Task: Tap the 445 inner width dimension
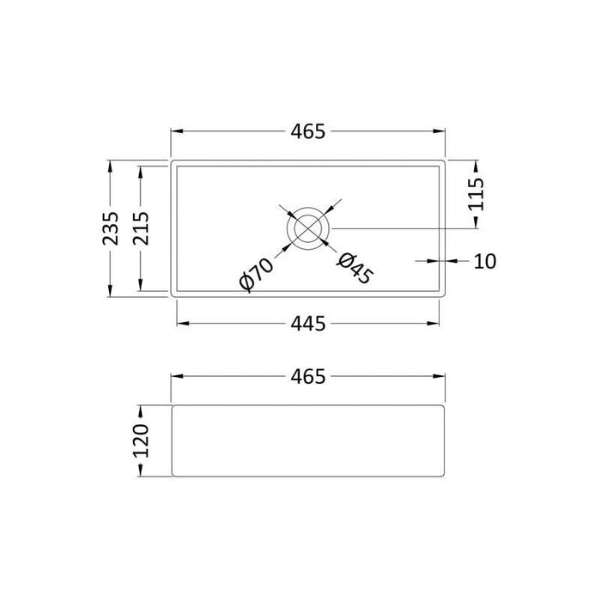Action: coord(309,323)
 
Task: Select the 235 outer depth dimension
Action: coord(110,228)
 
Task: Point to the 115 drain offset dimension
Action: coord(477,193)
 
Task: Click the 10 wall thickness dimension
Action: coord(485,260)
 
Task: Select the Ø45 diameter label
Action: coord(354,269)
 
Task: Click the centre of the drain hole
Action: coord(308,228)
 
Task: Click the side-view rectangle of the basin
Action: coord(309,441)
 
